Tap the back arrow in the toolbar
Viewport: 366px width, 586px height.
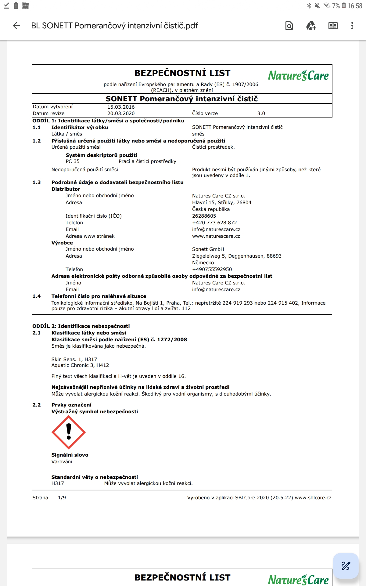click(17, 26)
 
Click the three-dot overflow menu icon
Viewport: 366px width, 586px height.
click(352, 26)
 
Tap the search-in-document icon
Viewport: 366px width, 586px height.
click(289, 26)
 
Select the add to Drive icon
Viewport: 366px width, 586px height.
click(311, 26)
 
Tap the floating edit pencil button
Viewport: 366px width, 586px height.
click(346, 566)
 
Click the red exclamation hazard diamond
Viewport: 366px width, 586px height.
click(69, 432)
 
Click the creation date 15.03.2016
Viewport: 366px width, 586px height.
click(121, 107)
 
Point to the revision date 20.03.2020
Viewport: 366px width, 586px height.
click(121, 114)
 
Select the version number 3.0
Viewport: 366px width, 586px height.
click(261, 114)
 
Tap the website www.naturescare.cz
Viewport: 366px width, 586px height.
click(216, 236)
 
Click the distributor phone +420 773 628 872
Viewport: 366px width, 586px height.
click(214, 223)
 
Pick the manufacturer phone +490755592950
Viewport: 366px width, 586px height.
click(212, 269)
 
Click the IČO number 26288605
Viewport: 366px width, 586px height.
click(204, 216)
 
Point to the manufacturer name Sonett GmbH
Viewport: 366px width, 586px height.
click(208, 249)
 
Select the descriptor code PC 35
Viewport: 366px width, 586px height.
click(73, 161)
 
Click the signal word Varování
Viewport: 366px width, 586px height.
click(62, 462)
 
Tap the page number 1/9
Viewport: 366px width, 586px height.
click(62, 498)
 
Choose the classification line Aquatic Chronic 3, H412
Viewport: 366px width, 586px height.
click(80, 365)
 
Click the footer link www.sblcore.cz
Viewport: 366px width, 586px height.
click(313, 498)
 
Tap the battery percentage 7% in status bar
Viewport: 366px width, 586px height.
click(336, 6)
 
